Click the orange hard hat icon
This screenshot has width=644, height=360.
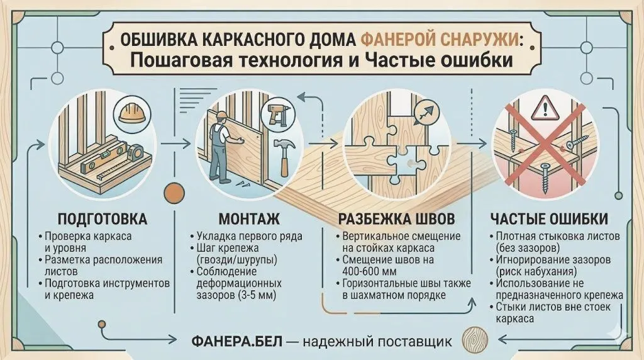pyautogui.click(x=132, y=111)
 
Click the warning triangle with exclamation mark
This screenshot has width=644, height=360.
pyautogui.click(x=545, y=107)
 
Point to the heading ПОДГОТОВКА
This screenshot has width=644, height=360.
pyautogui.click(x=103, y=218)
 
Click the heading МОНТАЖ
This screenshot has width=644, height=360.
pyautogui.click(x=249, y=218)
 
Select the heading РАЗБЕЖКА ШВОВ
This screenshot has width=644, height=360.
pyautogui.click(x=396, y=218)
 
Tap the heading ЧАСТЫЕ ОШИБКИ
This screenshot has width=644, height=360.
pyautogui.click(x=549, y=218)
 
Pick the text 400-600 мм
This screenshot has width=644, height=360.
pyautogui.click(x=369, y=272)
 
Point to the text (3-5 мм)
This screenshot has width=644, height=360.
pyautogui.click(x=255, y=295)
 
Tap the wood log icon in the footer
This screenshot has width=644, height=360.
pyautogui.click(x=475, y=340)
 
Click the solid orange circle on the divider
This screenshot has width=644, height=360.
pyautogui.click(x=174, y=193)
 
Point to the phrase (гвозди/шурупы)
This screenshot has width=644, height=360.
pyautogui.click(x=236, y=260)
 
